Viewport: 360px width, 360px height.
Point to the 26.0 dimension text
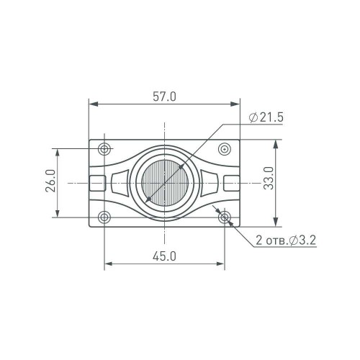tap(50, 182)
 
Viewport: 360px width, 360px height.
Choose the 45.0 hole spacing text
tap(165, 256)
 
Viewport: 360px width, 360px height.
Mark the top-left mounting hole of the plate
tap(105, 149)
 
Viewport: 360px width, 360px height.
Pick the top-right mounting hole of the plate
tap(225, 149)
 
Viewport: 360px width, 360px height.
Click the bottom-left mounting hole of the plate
tap(105, 217)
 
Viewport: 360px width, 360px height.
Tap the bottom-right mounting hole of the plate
tap(225, 217)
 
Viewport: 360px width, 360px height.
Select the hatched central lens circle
tap(165, 183)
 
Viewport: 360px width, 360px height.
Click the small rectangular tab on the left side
tap(97, 183)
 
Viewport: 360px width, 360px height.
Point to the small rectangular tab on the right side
tap(232, 183)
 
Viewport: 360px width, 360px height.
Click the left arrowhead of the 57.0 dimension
tap(92, 104)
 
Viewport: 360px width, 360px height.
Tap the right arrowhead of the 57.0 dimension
tap(238, 104)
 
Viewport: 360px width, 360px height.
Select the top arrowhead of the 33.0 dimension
tap(276, 143)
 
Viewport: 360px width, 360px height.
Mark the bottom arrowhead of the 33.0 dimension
tap(276, 222)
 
